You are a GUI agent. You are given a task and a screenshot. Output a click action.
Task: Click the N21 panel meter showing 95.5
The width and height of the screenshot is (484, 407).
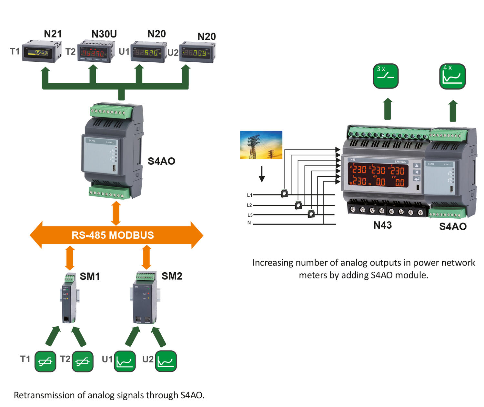41,52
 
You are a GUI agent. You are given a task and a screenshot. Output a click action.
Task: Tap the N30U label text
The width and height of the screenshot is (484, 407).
104,34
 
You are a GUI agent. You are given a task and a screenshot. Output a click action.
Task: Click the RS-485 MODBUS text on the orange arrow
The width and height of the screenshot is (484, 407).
113,235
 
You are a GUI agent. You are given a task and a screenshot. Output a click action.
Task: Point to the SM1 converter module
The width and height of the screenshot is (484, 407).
68,298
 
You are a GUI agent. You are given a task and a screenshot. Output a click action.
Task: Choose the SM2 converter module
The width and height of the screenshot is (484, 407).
145,298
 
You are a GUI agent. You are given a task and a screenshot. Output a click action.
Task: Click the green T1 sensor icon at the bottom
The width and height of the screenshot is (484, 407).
45,361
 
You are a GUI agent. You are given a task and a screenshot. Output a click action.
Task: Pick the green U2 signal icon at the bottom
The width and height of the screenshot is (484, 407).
166,361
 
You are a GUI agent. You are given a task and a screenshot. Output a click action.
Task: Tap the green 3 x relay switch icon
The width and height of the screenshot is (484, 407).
386,76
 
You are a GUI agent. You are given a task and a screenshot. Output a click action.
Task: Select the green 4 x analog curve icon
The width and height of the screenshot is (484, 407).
452,76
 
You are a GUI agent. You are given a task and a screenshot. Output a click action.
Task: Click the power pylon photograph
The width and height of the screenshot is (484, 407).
261,145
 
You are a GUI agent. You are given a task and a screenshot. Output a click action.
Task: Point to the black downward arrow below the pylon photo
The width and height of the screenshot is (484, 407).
262,174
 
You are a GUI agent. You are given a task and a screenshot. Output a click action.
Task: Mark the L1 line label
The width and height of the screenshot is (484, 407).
249,195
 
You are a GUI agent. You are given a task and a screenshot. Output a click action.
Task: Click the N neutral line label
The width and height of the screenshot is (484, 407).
249,223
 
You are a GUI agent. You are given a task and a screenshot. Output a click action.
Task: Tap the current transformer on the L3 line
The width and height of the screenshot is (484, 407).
311,214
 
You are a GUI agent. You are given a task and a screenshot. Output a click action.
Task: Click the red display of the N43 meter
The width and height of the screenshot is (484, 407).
378,175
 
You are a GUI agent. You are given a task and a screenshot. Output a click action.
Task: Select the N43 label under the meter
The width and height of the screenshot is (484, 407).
382,225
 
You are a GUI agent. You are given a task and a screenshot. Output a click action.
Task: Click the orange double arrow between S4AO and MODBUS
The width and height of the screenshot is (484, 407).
116,213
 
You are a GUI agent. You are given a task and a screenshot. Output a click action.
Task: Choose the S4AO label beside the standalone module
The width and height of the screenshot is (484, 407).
161,161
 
